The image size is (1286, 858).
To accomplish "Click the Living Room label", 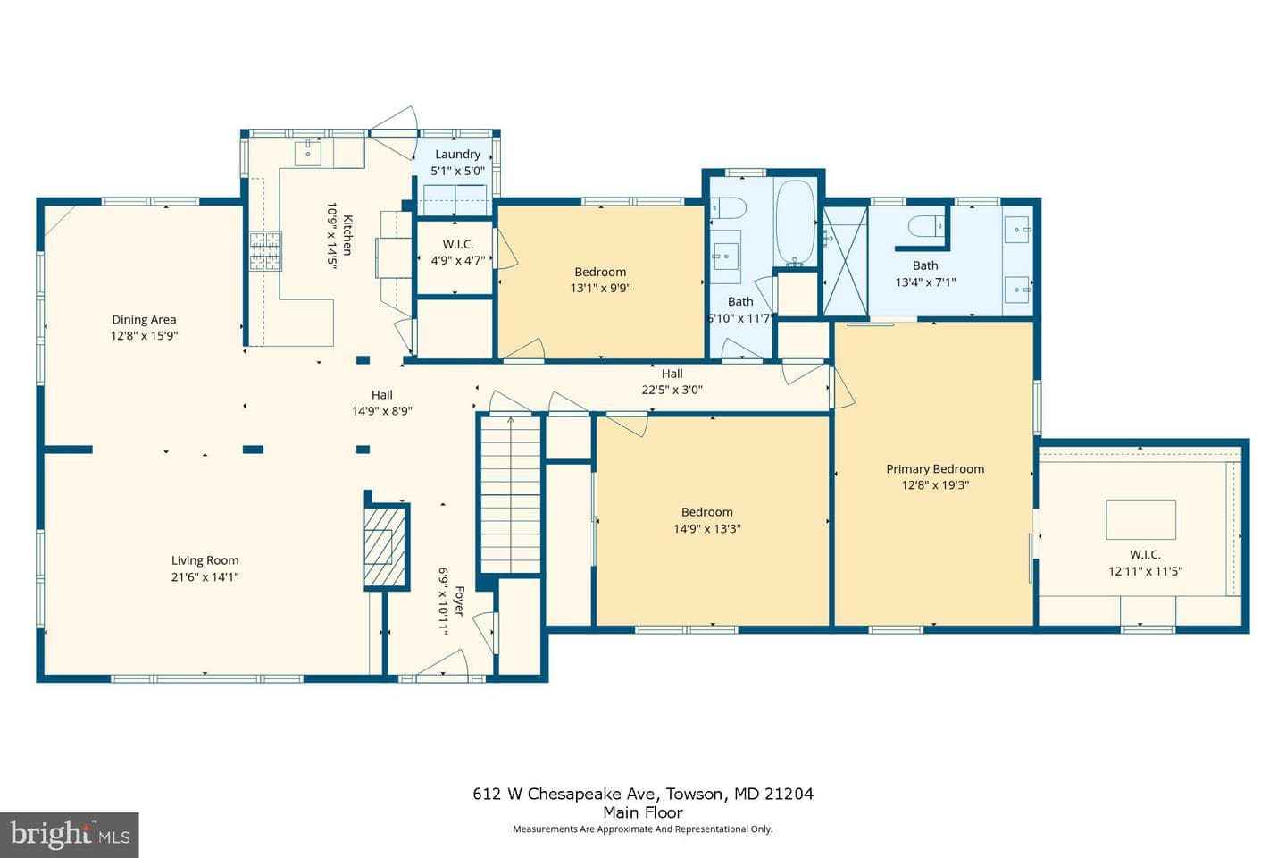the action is pos(205,560).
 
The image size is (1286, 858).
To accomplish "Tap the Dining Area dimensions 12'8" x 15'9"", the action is pos(144,336).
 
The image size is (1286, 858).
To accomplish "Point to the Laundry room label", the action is pos(457,154).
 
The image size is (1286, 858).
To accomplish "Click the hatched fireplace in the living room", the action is pos(386,546).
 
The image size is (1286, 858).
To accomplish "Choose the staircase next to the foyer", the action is pos(511,494).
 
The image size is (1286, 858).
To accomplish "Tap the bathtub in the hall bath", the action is pos(795,223).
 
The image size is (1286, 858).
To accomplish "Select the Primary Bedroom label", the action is pos(935,469).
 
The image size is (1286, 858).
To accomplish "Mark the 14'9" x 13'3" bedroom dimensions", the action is pos(707,529).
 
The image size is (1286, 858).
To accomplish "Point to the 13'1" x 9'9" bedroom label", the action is pos(600,272).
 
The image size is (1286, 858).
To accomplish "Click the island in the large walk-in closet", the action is pos(1140,519).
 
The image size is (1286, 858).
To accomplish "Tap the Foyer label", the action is pos(459,601).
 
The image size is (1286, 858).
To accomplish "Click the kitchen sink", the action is pos(308,152).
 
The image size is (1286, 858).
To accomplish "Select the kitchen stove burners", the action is pos(265,251).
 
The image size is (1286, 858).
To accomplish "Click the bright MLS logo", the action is pos(70,835).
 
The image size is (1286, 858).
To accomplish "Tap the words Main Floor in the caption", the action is pos(643,812).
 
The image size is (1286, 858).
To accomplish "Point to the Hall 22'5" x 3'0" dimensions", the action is pos(672,390).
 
